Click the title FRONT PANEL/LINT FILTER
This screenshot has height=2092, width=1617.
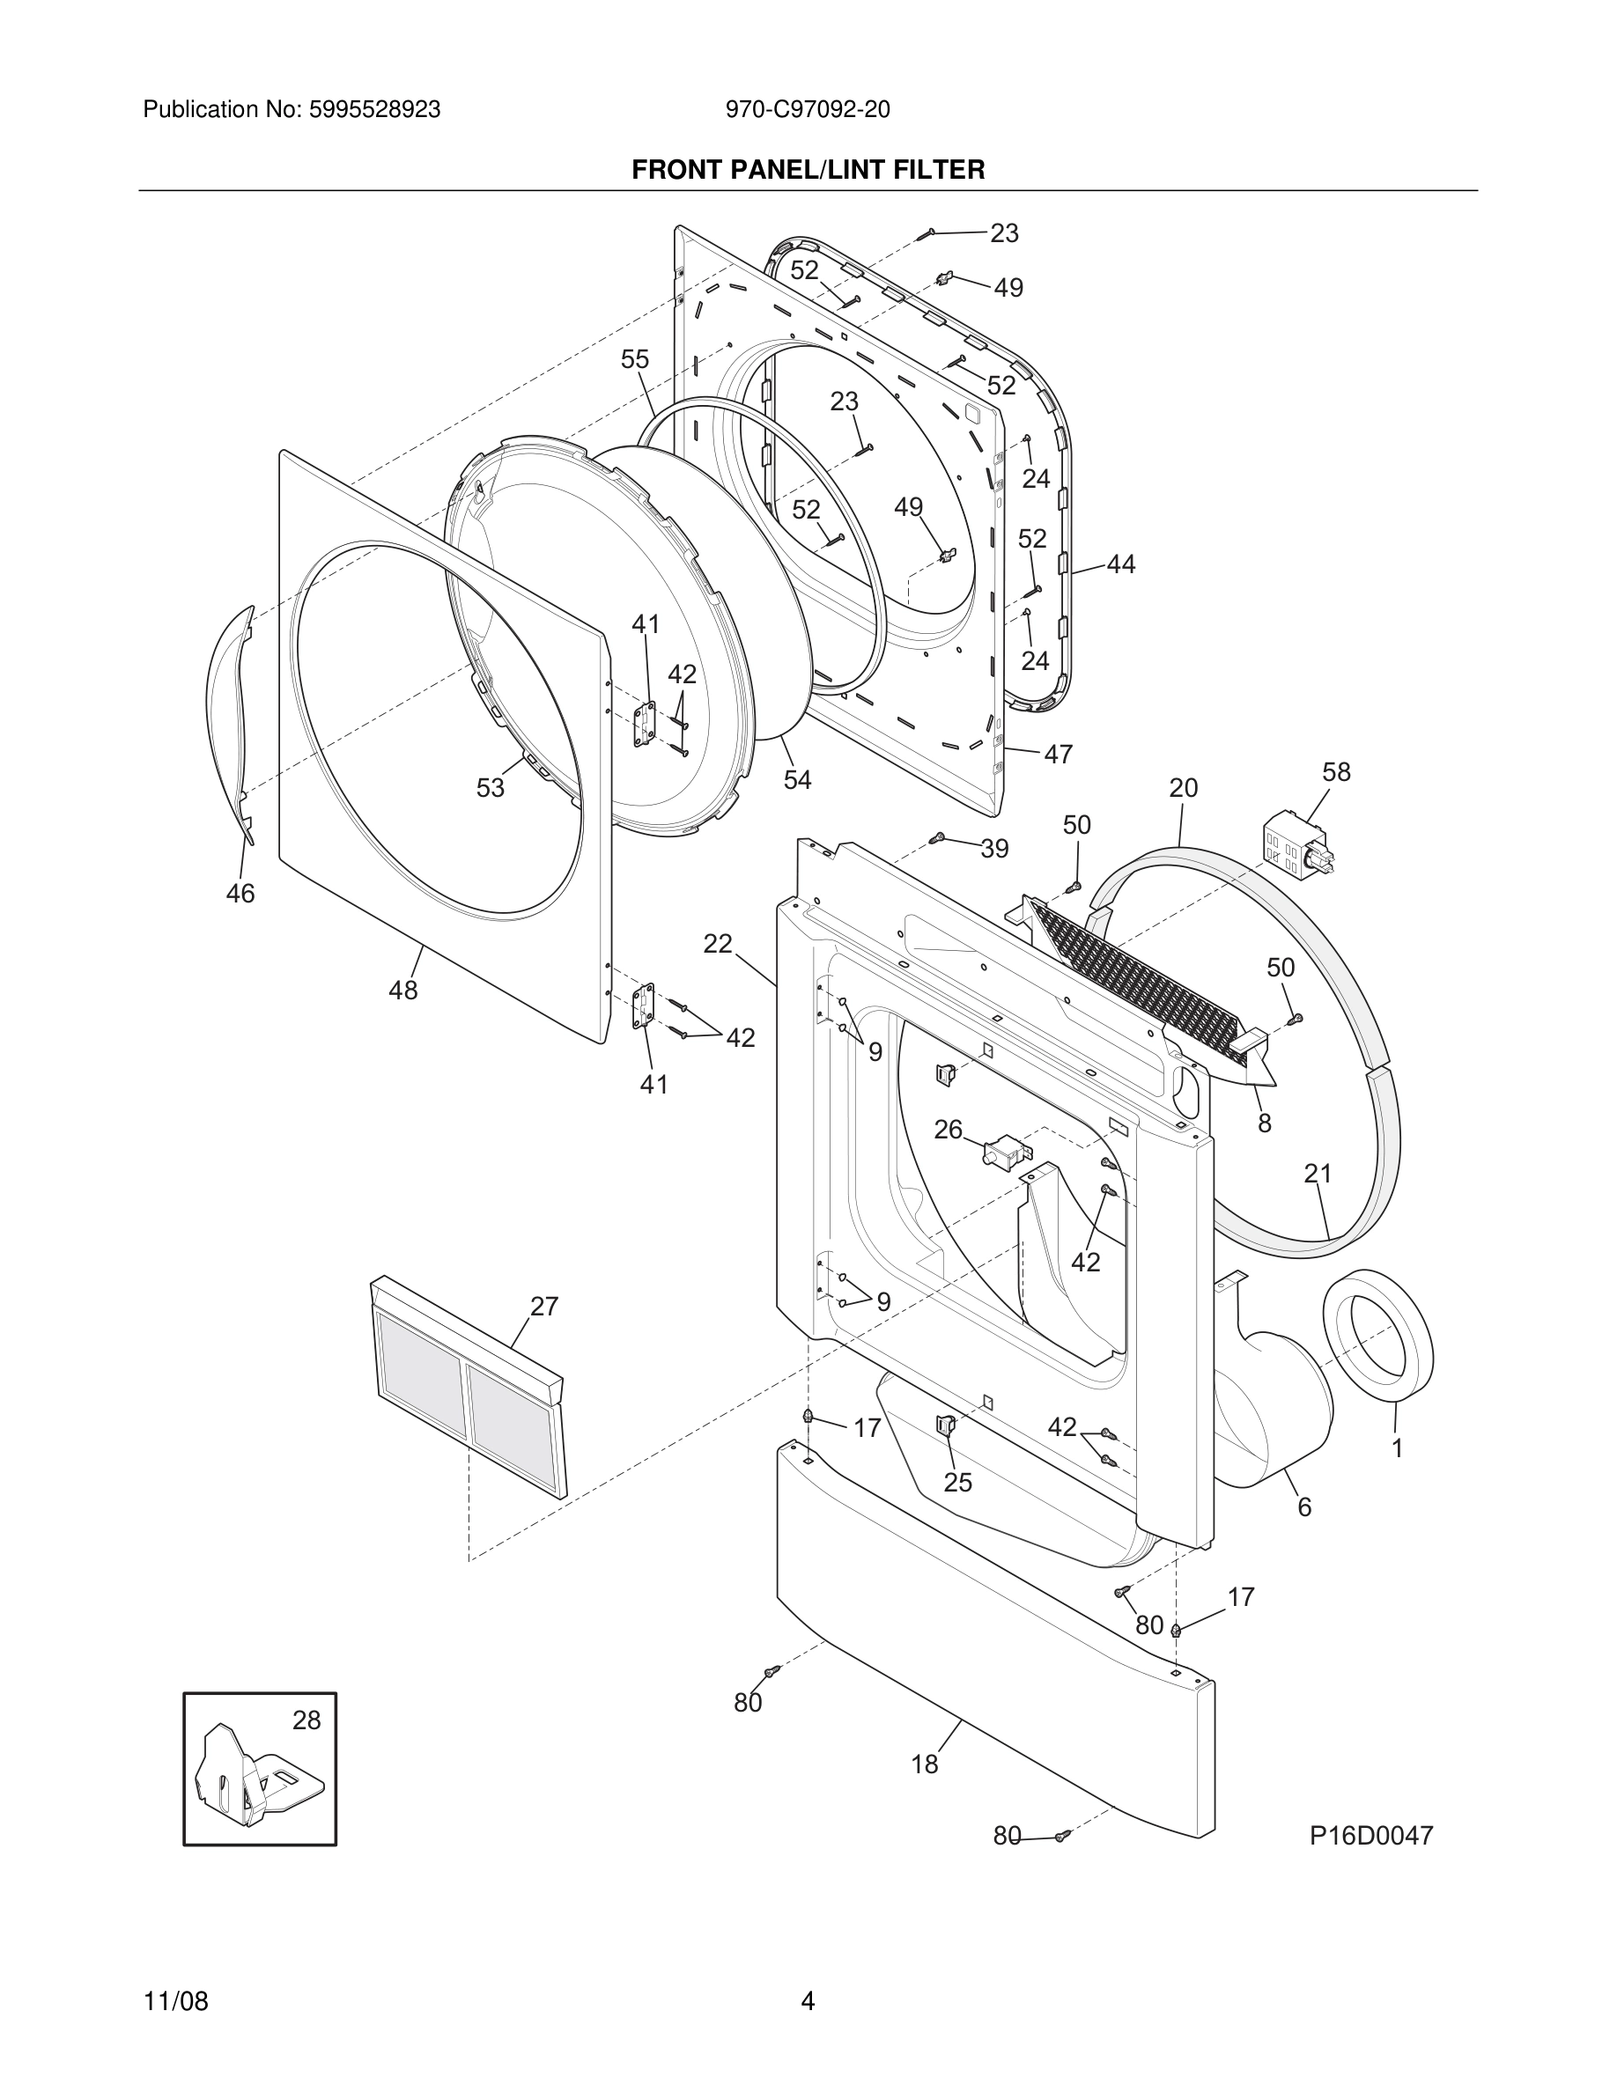pos(808,171)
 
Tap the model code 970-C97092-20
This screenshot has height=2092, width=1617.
pos(808,110)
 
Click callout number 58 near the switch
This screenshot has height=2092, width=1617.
pos(1335,772)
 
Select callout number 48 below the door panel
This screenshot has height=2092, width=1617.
pos(402,991)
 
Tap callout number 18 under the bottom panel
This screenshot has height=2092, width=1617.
pos(925,1764)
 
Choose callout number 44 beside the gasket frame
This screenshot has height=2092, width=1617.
pos(1121,565)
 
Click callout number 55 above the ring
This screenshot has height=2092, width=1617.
pos(634,359)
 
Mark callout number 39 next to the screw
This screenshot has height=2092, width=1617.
pos(994,849)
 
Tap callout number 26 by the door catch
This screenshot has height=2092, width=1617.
pos(948,1131)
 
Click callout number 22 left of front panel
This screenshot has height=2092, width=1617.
pos(718,945)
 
